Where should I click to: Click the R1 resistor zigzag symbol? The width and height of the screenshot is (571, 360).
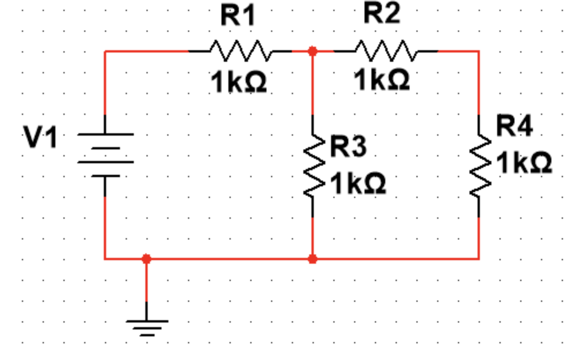coord(239,51)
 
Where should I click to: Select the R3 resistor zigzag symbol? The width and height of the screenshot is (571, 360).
coord(312,166)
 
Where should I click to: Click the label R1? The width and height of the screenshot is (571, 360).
coord(238,16)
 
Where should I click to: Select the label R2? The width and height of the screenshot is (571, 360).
coord(381,14)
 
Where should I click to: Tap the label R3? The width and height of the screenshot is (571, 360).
coord(348,148)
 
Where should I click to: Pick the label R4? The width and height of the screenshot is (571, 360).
coord(514,126)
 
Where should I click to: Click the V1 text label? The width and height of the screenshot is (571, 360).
coord(40,138)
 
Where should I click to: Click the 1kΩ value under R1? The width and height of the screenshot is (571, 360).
coord(239,82)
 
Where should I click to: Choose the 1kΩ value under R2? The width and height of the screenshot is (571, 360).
coord(382,80)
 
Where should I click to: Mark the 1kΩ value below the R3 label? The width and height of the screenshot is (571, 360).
coord(358,184)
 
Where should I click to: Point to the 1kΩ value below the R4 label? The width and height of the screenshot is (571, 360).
coord(524,163)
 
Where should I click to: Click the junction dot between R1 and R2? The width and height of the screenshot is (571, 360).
coord(313,51)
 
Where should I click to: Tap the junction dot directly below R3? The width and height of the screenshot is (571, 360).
coord(313,259)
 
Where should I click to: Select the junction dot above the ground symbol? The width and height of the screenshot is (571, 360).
coord(146,259)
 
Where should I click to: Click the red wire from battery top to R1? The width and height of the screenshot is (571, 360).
coord(144,51)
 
